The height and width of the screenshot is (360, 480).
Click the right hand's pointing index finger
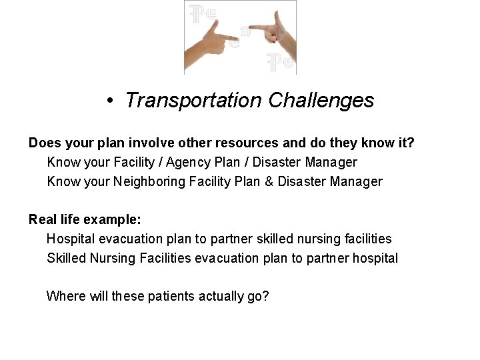pos(257,28)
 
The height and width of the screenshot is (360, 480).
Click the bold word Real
pos(42,219)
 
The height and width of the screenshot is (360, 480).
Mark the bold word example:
pos(114,219)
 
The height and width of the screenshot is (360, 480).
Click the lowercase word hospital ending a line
pos(375,258)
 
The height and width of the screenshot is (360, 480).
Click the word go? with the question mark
pos(258,296)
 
